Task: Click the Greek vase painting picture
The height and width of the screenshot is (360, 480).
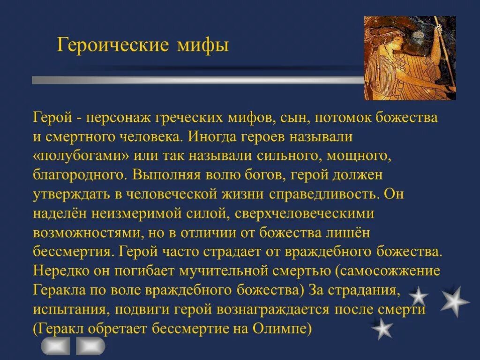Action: pos(410,58)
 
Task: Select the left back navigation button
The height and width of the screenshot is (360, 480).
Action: pos(56,346)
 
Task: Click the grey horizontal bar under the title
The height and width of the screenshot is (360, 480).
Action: pos(197,80)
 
